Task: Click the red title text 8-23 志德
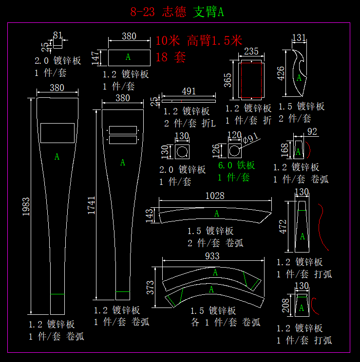158,12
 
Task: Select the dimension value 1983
25,206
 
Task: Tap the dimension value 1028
215,196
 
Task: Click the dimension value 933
212,256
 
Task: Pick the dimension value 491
189,91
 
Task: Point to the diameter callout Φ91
251,138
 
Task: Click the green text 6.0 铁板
236,165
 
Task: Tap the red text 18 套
171,57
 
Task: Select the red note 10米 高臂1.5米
199,40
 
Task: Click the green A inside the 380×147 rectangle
128,57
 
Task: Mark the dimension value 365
227,80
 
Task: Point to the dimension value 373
151,288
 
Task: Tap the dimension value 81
58,35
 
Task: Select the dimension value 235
251,52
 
